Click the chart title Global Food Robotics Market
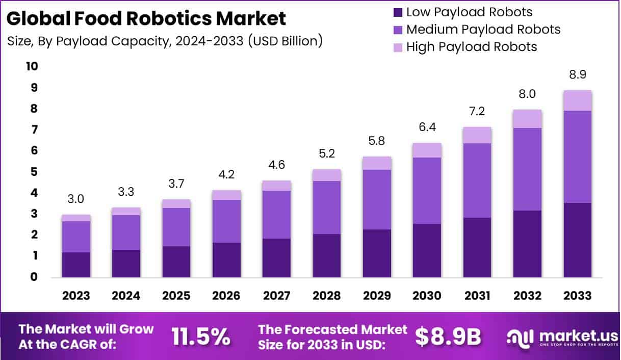147,19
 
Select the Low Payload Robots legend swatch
398,12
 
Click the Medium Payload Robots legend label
483,30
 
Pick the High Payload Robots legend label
472,47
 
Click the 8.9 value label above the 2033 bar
577,74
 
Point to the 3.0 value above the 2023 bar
76,199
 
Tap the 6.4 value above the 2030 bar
427,127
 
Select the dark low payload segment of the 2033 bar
577,240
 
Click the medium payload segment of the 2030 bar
427,190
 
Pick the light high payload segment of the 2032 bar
527,119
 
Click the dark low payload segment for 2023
76,265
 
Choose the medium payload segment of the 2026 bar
226,221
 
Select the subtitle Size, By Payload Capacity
165,42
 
